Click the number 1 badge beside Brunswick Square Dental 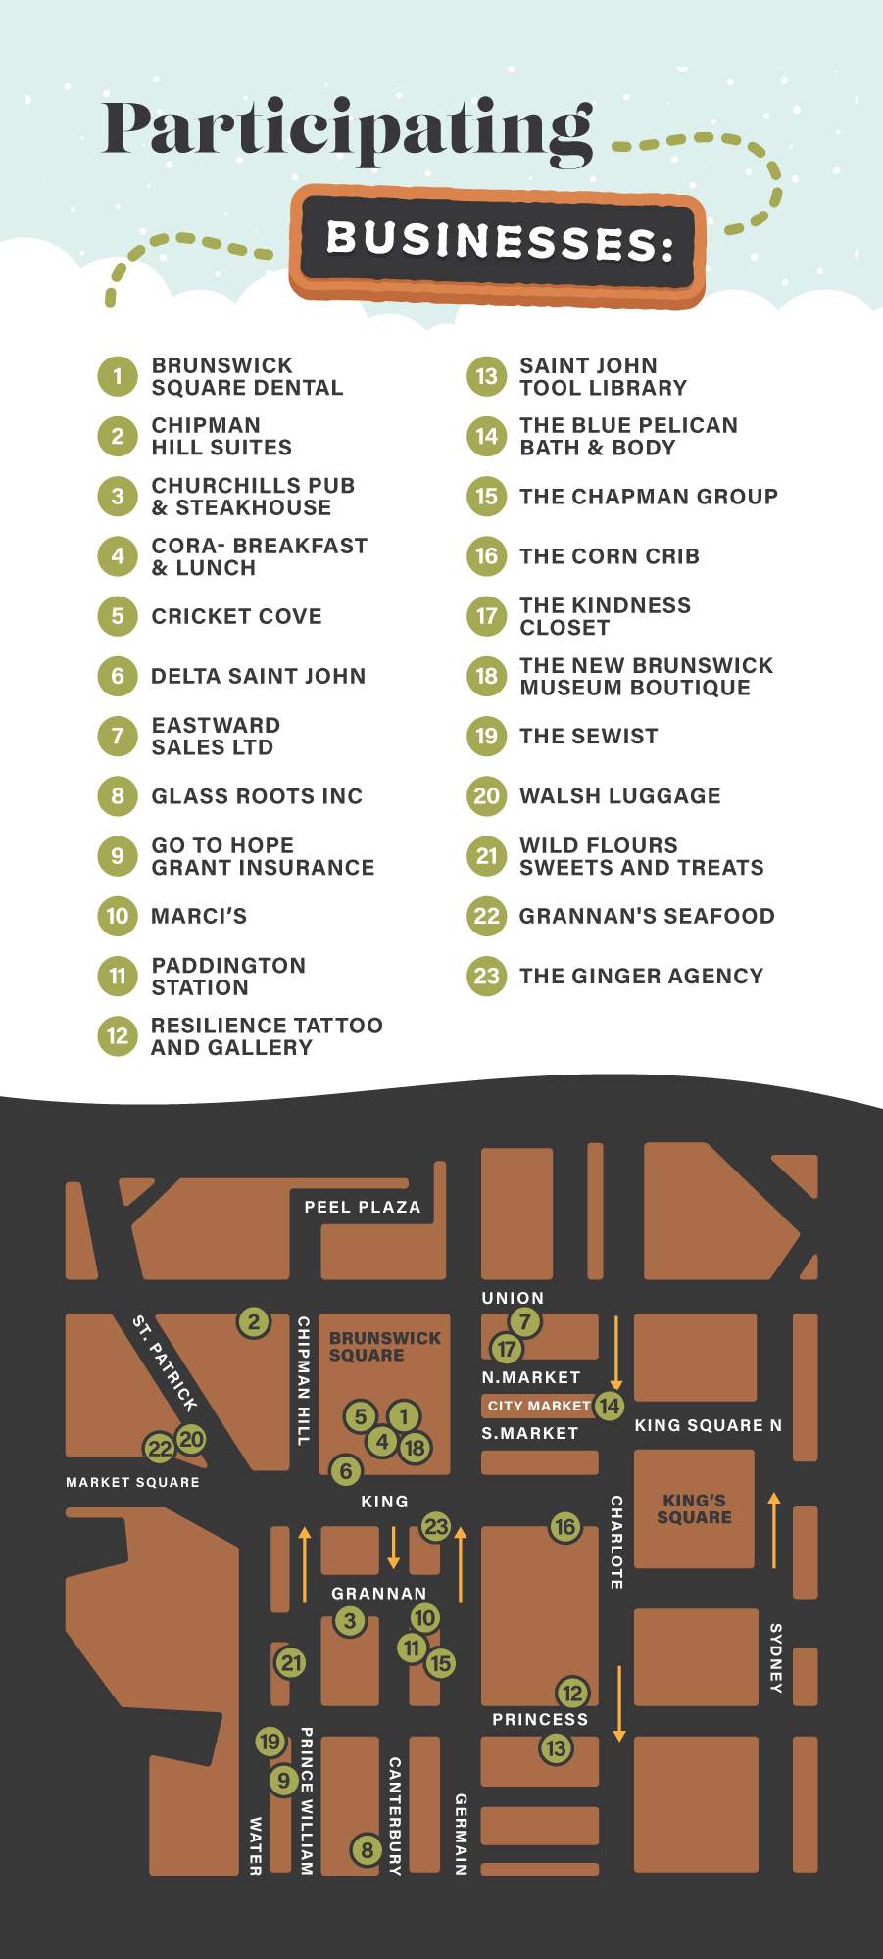click(x=118, y=376)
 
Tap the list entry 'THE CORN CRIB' click(x=609, y=556)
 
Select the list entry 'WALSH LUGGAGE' click(x=619, y=796)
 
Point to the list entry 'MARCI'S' click(x=199, y=917)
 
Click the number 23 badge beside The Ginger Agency click(x=486, y=977)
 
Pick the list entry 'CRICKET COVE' click(x=236, y=616)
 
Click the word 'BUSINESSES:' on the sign click(x=499, y=241)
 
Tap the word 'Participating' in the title click(x=348, y=131)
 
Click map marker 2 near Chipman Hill click(x=254, y=1322)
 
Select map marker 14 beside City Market click(x=610, y=1406)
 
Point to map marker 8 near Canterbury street click(x=367, y=1850)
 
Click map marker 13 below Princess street click(x=556, y=1748)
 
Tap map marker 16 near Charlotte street click(x=564, y=1527)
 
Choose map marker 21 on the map click(x=290, y=1662)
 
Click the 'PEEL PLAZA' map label click(x=363, y=1207)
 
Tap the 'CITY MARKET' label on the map click(x=538, y=1406)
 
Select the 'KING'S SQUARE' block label click(x=694, y=1508)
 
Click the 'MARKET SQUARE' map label click(x=132, y=1482)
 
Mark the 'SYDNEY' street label click(x=775, y=1657)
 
